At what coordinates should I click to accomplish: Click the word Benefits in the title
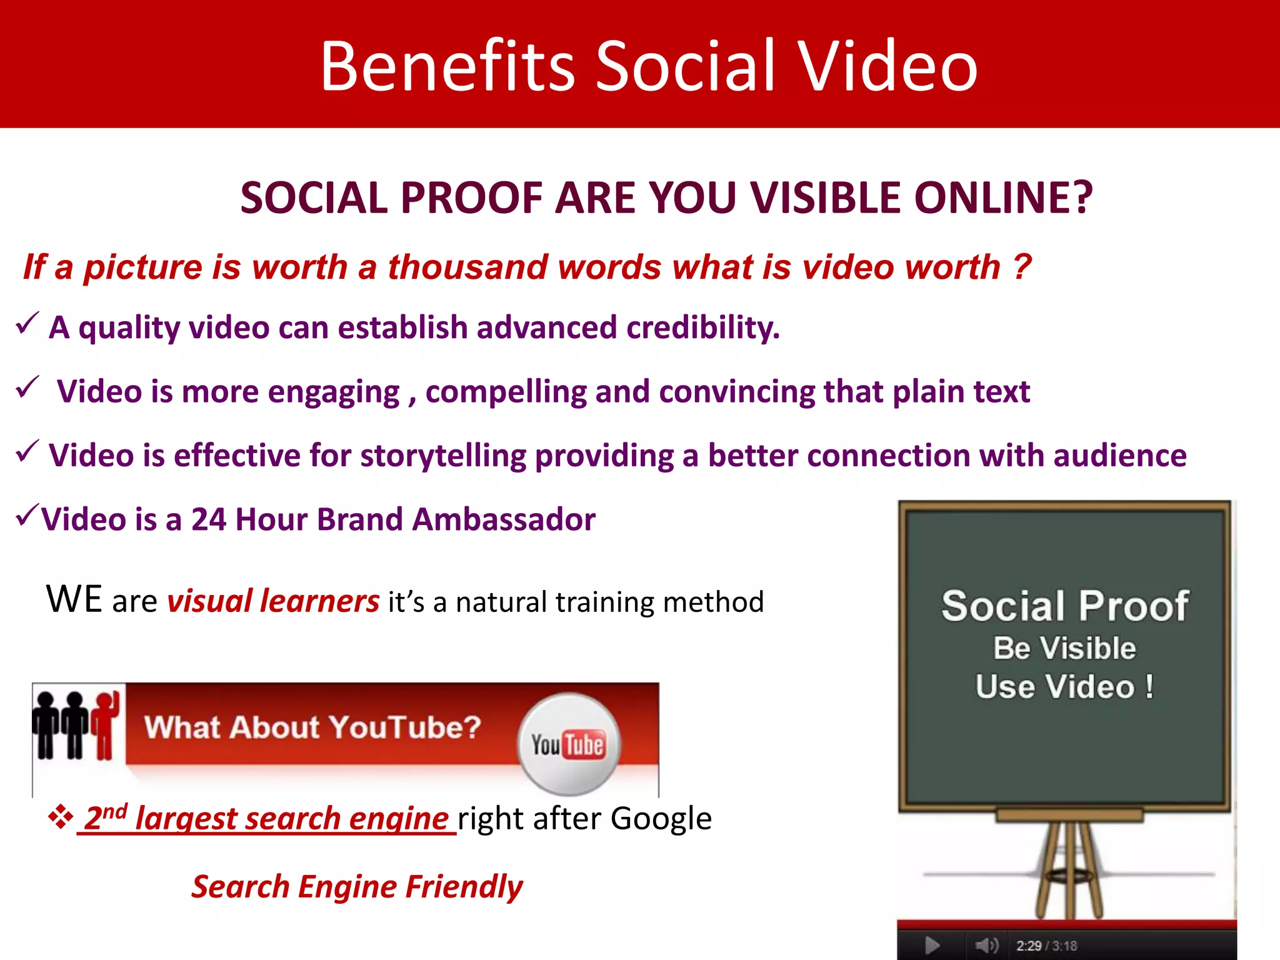[446, 66]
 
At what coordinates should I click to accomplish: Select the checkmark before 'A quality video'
[27, 323]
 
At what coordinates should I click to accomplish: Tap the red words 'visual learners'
[273, 601]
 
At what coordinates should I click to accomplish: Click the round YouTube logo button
[568, 743]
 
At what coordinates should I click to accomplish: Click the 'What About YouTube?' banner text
[312, 727]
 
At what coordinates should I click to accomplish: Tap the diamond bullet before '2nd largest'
[61, 817]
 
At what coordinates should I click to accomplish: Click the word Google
[661, 818]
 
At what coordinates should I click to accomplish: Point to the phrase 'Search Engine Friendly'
[357, 887]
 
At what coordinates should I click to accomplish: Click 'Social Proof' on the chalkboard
[1064, 606]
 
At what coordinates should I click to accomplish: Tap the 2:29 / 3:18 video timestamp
[1046, 946]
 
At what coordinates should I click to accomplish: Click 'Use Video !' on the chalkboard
[1064, 687]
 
